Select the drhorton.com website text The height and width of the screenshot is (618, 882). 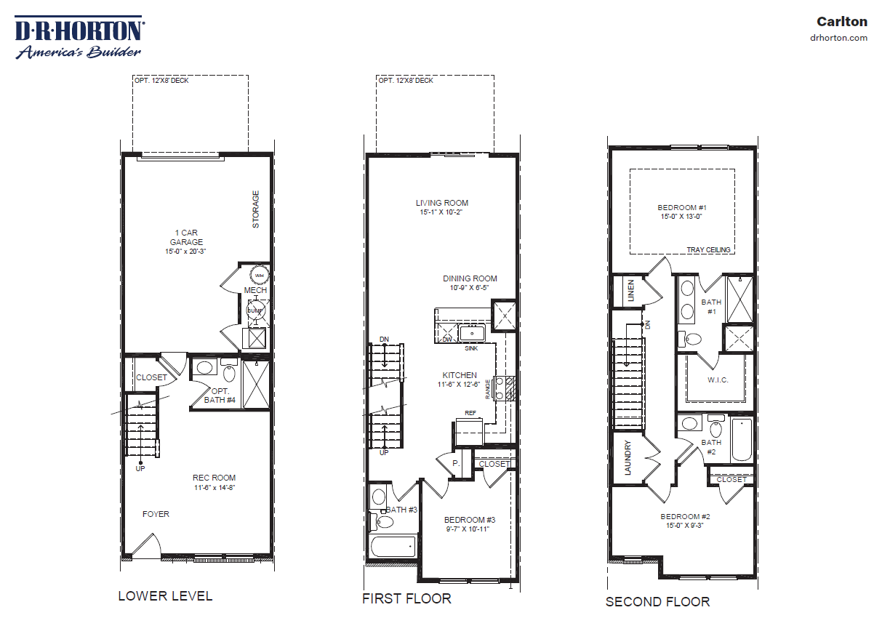[x=838, y=38]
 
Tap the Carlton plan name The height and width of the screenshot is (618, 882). [x=842, y=22]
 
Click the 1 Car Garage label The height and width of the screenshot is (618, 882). [x=186, y=238]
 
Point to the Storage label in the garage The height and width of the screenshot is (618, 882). [x=255, y=209]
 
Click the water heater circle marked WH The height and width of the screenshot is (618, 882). [x=259, y=275]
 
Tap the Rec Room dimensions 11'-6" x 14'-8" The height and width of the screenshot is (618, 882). [x=214, y=487]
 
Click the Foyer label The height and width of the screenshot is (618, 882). [x=156, y=514]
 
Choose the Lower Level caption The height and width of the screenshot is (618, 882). [x=165, y=596]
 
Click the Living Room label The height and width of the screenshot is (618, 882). [x=441, y=203]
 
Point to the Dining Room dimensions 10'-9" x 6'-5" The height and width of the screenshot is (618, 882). [x=470, y=288]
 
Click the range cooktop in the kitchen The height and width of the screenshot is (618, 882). [x=505, y=388]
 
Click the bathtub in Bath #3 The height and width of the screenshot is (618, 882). [x=393, y=545]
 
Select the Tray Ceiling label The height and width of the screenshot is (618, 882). [x=708, y=249]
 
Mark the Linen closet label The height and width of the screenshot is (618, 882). [x=630, y=291]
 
